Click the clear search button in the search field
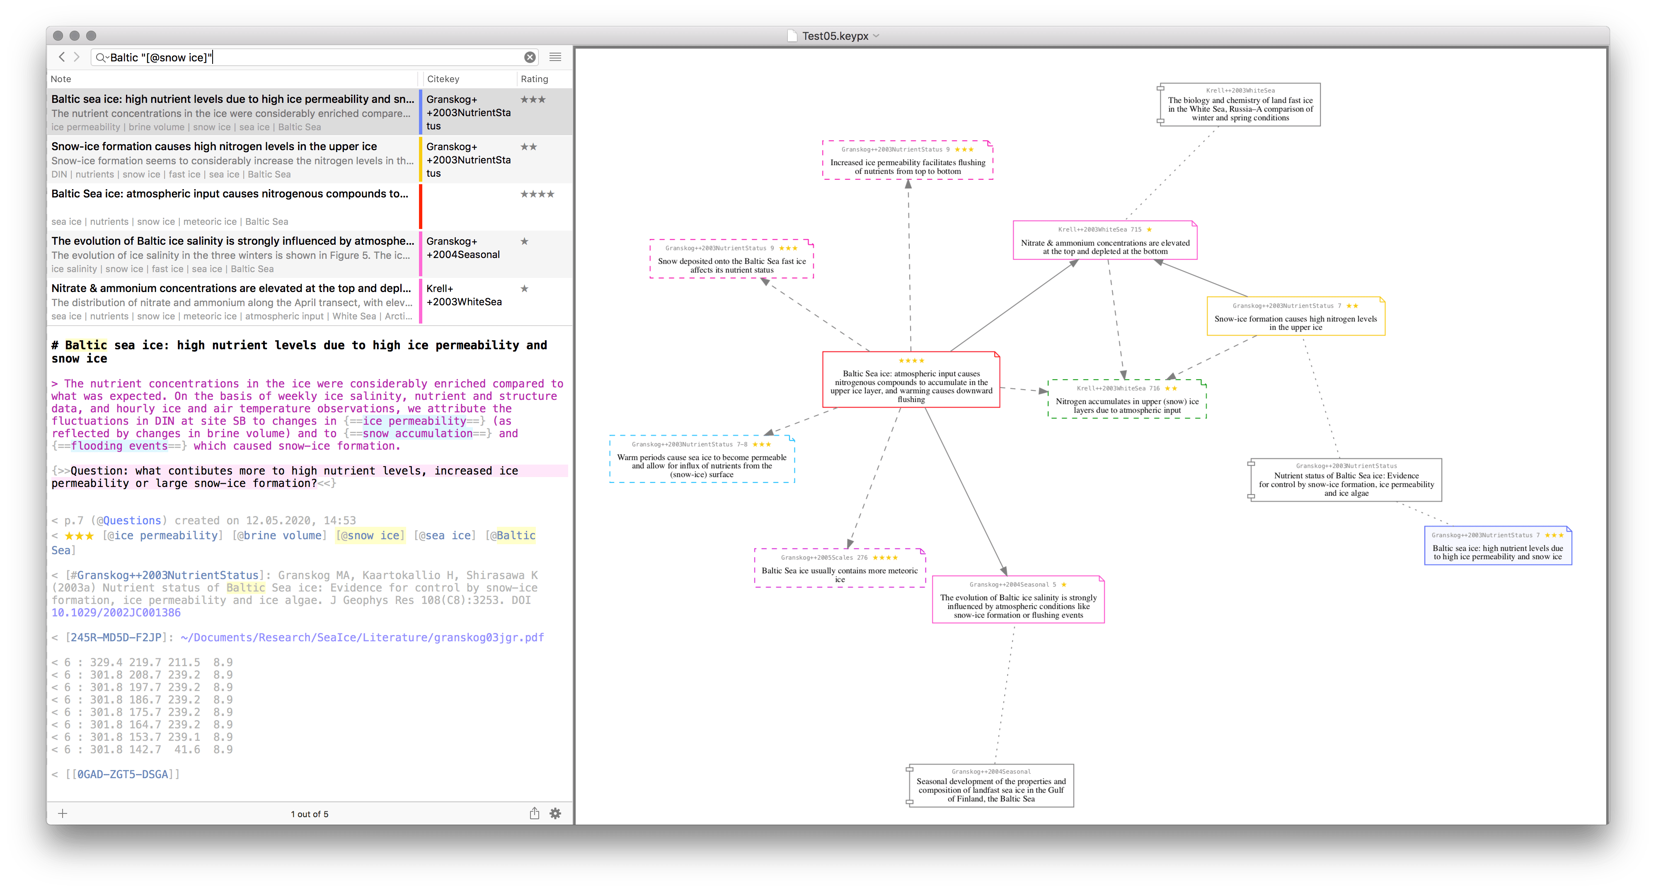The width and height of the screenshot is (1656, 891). pyautogui.click(x=530, y=57)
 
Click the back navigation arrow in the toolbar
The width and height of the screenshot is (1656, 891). pyautogui.click(x=62, y=57)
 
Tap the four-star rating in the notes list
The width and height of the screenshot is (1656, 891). pyautogui.click(x=537, y=194)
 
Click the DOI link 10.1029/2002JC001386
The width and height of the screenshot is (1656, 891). pyautogui.click(x=116, y=612)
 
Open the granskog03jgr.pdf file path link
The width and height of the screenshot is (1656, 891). pyautogui.click(x=362, y=638)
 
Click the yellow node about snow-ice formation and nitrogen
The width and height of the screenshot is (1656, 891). pyautogui.click(x=1295, y=316)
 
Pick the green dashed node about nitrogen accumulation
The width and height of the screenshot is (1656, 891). pyautogui.click(x=1127, y=399)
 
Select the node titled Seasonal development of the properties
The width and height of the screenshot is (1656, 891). pyautogui.click(x=990, y=786)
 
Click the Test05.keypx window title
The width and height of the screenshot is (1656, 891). pyautogui.click(x=835, y=36)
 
